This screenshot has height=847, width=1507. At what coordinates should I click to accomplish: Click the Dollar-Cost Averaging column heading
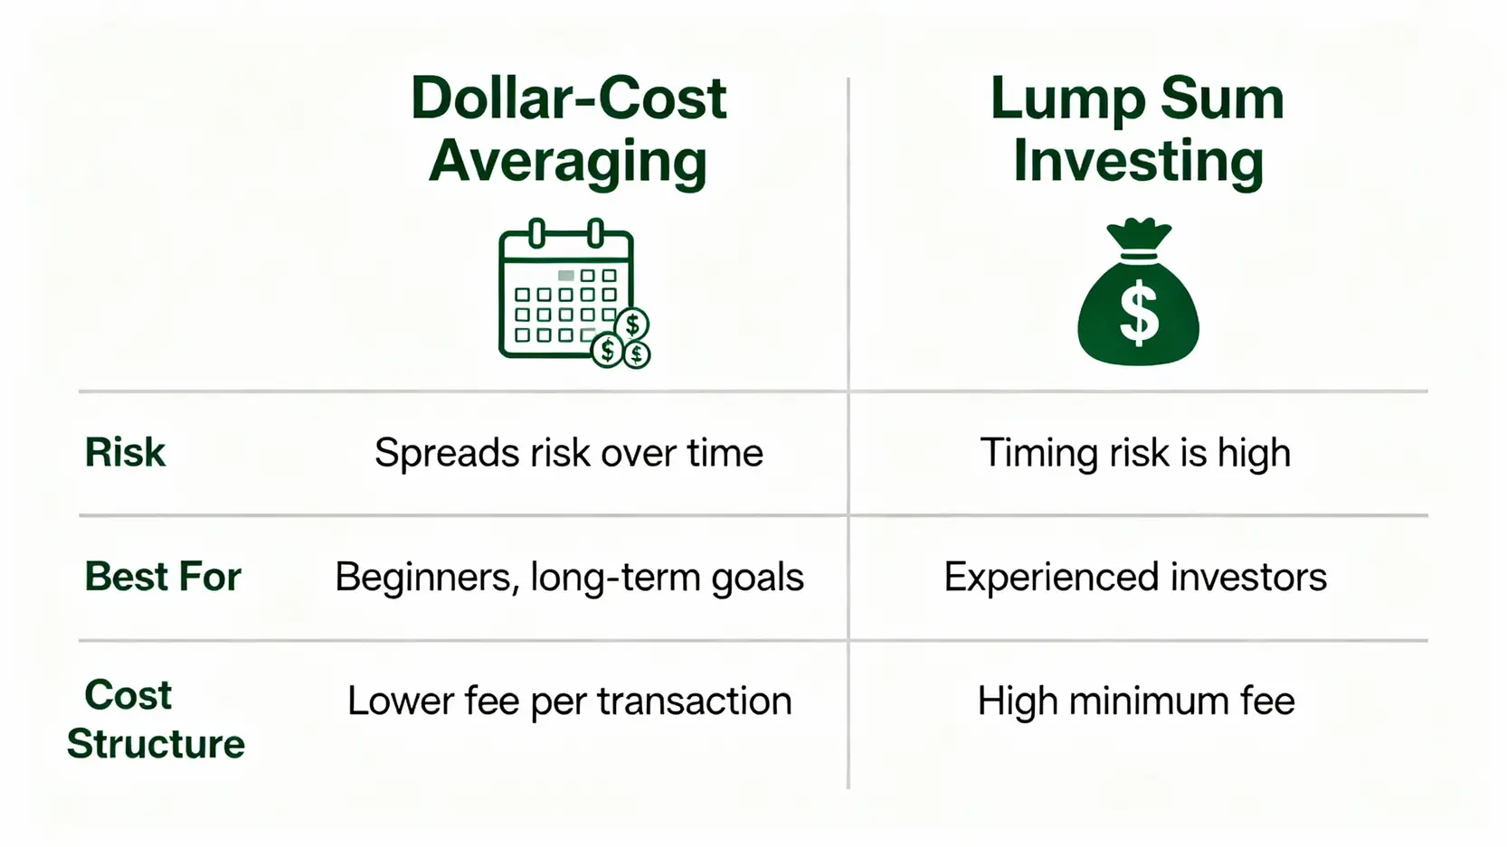(x=568, y=129)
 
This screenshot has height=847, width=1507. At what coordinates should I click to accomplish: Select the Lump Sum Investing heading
(x=1138, y=129)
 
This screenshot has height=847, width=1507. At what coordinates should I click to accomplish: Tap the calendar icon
(x=573, y=293)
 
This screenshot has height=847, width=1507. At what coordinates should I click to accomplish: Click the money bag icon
(x=1138, y=291)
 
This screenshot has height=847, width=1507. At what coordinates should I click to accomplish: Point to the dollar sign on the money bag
(x=1139, y=314)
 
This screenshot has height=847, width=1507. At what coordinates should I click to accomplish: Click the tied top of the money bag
(x=1139, y=234)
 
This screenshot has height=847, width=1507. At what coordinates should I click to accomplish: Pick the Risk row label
(x=125, y=452)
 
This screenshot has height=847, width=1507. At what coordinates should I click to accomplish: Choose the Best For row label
(x=163, y=576)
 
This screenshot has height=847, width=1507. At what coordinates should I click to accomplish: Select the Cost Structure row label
(x=156, y=720)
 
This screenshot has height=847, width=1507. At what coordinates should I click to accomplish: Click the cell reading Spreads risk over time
(x=569, y=452)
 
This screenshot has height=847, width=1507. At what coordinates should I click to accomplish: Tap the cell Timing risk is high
(x=1135, y=452)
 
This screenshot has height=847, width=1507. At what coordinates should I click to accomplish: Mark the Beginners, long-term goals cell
(x=569, y=578)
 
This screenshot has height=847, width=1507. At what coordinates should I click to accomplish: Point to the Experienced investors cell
(x=1135, y=577)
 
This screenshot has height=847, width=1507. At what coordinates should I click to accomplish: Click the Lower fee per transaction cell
(x=569, y=701)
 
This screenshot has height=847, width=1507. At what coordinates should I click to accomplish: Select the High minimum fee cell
(x=1135, y=701)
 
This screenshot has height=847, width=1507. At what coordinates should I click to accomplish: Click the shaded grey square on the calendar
(x=565, y=276)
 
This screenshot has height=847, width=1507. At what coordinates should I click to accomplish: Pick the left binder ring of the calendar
(x=536, y=233)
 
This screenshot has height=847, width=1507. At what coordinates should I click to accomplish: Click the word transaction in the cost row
(x=695, y=701)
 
